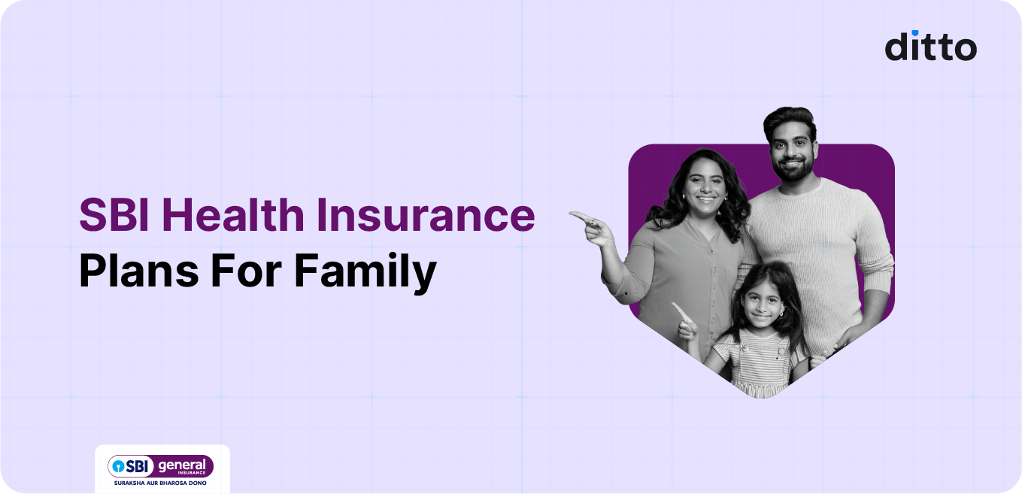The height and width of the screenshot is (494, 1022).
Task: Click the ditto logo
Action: [930, 46]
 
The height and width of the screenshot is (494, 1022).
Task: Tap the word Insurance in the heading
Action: [426, 216]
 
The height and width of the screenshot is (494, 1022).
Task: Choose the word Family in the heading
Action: [365, 274]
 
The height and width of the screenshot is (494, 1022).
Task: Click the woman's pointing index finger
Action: [578, 217]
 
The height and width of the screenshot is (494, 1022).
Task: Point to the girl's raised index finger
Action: [678, 308]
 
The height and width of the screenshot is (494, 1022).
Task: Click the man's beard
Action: [793, 170]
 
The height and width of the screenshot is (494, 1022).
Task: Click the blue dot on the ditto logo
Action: [914, 33]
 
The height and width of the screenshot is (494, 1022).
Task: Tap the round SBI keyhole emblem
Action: [118, 466]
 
